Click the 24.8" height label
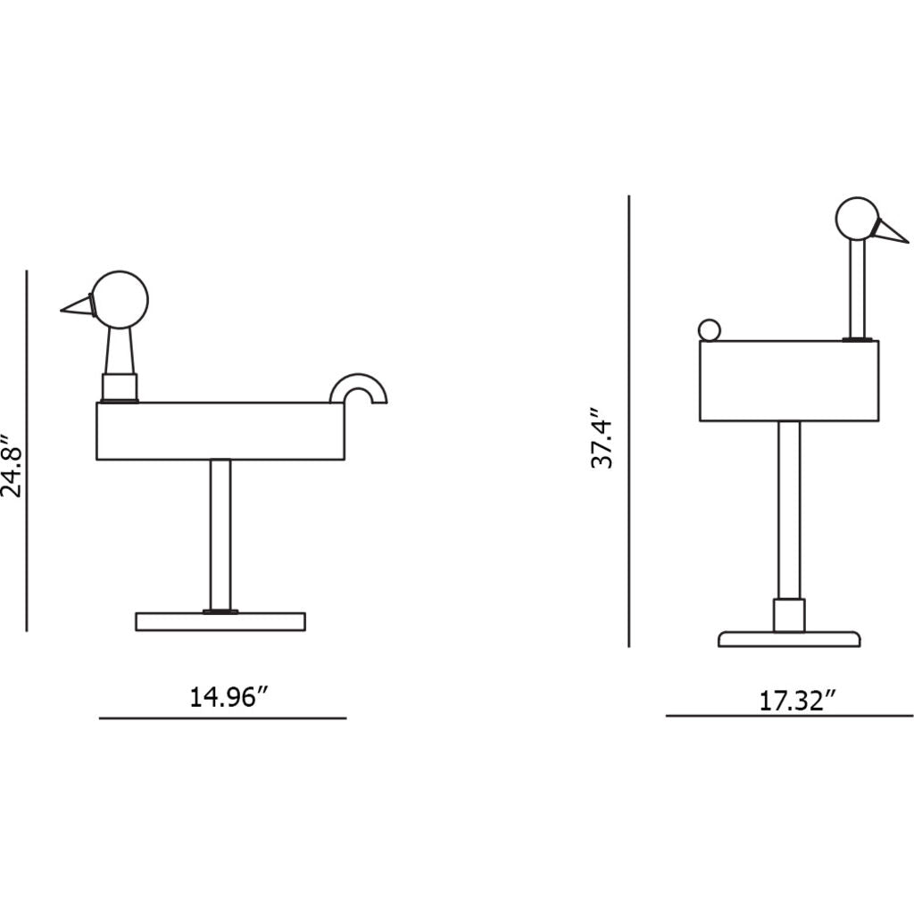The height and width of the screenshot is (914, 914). (12, 465)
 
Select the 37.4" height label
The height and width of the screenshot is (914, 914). (602, 438)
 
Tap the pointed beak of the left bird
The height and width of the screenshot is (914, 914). (77, 306)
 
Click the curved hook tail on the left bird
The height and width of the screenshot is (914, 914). (359, 384)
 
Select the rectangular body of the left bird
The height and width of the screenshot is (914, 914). (220, 431)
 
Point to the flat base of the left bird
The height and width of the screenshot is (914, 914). (220, 621)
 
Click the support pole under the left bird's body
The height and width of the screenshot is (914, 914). (220, 535)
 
